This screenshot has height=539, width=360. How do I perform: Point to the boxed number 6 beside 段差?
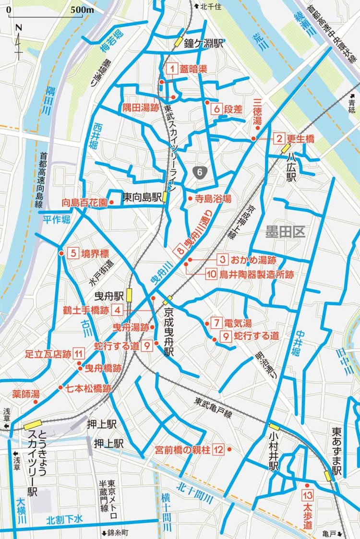coord(216,109)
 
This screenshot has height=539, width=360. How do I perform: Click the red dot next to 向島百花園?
coord(111,203)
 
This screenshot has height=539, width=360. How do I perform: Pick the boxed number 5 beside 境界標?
coord(73,253)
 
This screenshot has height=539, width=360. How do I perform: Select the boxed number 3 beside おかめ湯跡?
coord(222,260)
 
